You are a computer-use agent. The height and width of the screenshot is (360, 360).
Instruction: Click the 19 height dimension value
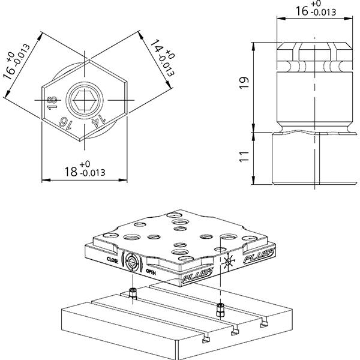(x=244, y=83)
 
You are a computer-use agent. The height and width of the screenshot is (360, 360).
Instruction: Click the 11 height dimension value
(x=244, y=157)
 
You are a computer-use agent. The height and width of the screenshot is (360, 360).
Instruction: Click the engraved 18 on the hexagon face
(x=52, y=103)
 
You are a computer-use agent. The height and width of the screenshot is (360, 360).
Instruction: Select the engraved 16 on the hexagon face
(x=65, y=123)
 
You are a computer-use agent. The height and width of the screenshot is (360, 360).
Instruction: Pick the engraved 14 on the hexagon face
(x=98, y=122)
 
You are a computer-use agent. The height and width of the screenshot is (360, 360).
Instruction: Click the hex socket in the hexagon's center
(x=85, y=100)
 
